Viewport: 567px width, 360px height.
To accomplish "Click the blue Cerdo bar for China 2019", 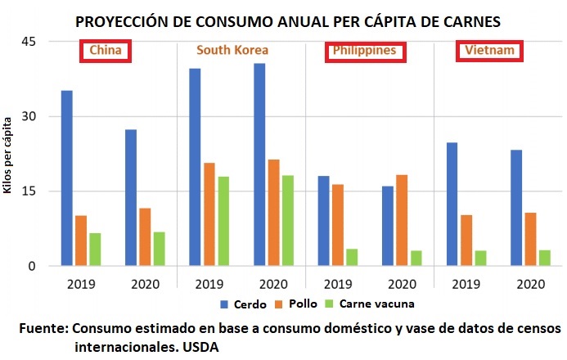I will click(67, 178).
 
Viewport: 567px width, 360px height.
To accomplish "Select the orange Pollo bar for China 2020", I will click(145, 237).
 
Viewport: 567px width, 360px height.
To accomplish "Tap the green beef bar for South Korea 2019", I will click(223, 221).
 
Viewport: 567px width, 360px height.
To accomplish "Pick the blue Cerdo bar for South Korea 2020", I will click(259, 164).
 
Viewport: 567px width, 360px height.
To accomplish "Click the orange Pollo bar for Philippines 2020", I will click(401, 220).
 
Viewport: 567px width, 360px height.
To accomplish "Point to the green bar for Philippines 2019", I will click(352, 257).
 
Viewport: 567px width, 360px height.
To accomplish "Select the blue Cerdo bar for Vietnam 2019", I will click(452, 204).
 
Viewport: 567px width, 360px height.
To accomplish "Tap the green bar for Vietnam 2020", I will click(545, 258).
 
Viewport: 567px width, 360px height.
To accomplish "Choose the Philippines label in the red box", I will click(364, 51).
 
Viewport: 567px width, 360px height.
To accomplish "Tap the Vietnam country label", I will click(489, 51).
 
